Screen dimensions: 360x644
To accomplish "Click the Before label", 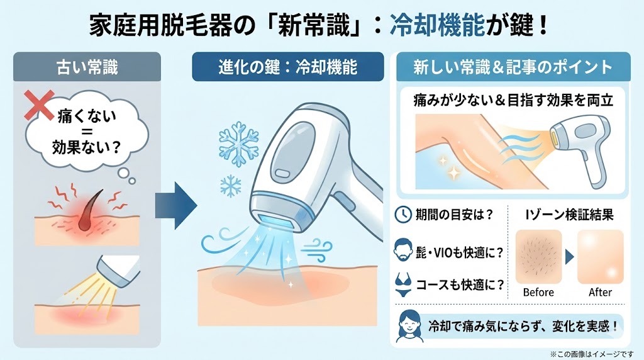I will tap(538, 292).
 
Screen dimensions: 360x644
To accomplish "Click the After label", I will tap(600, 292).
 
